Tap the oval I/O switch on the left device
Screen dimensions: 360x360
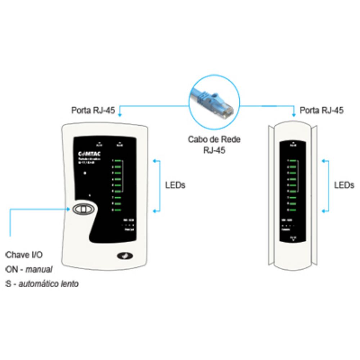tap(83, 209)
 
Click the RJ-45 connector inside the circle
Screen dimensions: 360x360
tap(223, 108)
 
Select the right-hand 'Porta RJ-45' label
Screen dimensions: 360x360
tap(321, 110)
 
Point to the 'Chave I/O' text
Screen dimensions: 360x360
tap(24, 255)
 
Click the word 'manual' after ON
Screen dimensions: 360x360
tap(39, 269)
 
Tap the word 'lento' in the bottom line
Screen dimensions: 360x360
tap(70, 284)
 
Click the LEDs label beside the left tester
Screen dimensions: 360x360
tap(175, 185)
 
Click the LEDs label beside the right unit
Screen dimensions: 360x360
tap(344, 185)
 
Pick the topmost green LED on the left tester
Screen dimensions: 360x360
tap(118, 161)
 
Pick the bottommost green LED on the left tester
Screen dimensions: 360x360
tap(118, 210)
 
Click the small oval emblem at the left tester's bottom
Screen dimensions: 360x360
tap(125, 256)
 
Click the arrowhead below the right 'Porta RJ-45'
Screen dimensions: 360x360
tap(294, 115)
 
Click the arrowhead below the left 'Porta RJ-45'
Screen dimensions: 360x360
tap(120, 115)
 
